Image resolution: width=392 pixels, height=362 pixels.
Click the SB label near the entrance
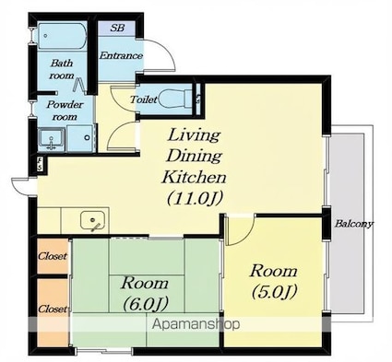coord(117,28)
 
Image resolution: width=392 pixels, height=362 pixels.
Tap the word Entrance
coord(121,56)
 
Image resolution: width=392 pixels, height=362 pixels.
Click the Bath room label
coord(62,69)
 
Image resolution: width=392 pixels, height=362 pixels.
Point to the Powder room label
coord(65,111)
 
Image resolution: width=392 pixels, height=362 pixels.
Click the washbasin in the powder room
coord(51,140)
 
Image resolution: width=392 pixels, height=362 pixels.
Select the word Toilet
coord(143,99)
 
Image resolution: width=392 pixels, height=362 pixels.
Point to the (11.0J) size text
coord(195,198)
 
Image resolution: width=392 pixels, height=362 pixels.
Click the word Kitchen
coord(194,177)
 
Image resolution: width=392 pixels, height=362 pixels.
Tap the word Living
coord(195,135)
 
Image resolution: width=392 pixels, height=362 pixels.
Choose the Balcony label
coord(354,224)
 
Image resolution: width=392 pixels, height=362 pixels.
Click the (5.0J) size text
coord(274,291)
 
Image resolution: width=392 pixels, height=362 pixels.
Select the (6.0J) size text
coord(146,303)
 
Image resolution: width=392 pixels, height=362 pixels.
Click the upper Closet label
coord(53,256)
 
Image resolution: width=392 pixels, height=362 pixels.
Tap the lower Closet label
coord(53,309)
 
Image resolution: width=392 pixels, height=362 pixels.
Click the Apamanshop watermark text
coord(196,324)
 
